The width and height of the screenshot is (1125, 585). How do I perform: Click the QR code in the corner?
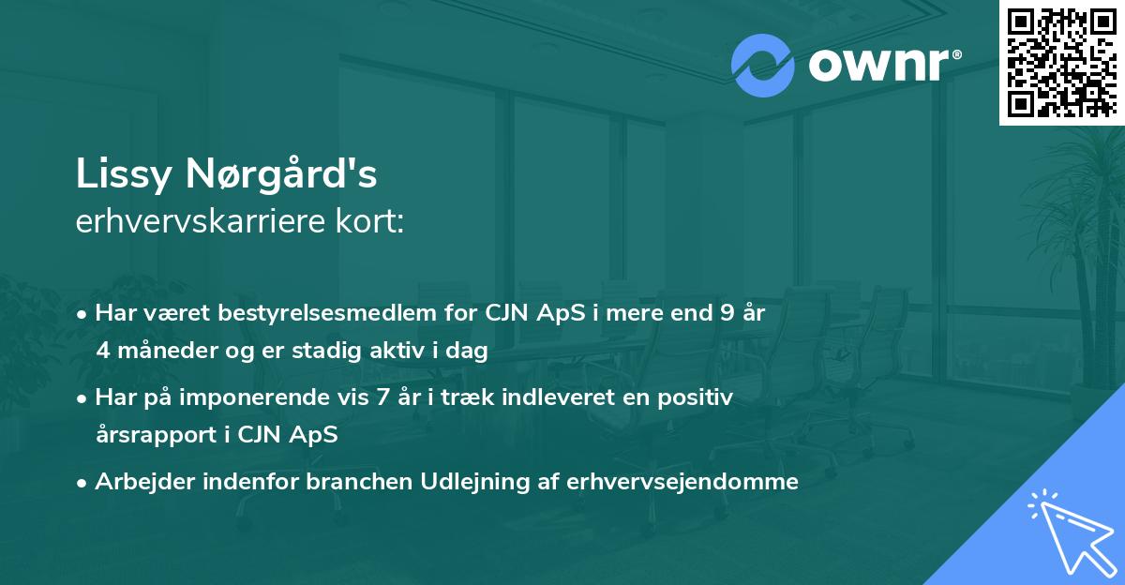[1061, 62]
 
